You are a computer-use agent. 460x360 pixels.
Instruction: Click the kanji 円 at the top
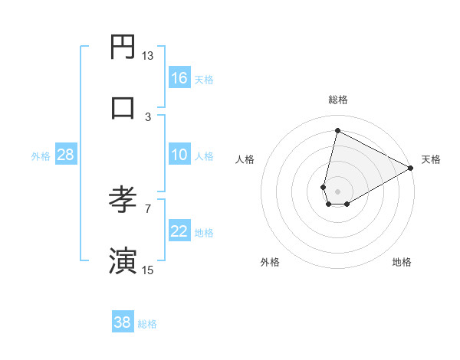click(123, 47)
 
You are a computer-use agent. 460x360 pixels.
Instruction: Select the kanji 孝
click(123, 198)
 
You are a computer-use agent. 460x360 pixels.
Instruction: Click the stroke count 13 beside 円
click(147, 55)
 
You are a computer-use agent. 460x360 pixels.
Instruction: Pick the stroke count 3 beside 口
click(148, 116)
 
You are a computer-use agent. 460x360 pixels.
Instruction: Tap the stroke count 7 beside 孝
click(148, 208)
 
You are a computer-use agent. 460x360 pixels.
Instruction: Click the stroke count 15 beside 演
click(147, 270)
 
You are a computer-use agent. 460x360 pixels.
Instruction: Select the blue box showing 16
click(179, 78)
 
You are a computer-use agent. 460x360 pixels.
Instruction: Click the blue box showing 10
click(179, 155)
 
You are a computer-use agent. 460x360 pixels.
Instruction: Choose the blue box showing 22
click(179, 231)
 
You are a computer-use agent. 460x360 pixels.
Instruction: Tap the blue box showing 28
click(65, 155)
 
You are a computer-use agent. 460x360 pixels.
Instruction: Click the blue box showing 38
click(123, 322)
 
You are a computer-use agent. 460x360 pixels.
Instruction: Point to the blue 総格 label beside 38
click(147, 324)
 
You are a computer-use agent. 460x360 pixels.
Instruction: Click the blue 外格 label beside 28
click(41, 156)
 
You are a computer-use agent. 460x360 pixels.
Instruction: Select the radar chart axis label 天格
click(431, 159)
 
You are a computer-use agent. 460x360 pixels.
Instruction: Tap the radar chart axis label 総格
click(338, 100)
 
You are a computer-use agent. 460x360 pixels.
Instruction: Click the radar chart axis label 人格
click(245, 159)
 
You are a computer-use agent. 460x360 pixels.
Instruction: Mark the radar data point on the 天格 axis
click(411, 168)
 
